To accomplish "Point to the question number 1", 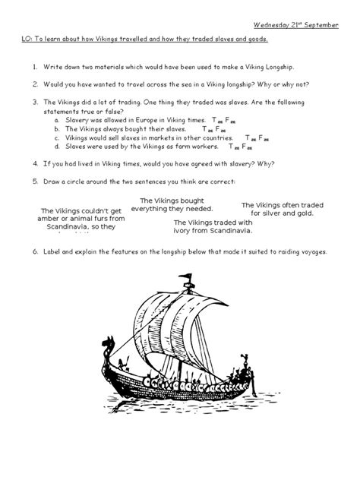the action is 34,67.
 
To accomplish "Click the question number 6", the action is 34,251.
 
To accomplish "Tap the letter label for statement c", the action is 58,138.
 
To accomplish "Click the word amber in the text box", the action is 52,219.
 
